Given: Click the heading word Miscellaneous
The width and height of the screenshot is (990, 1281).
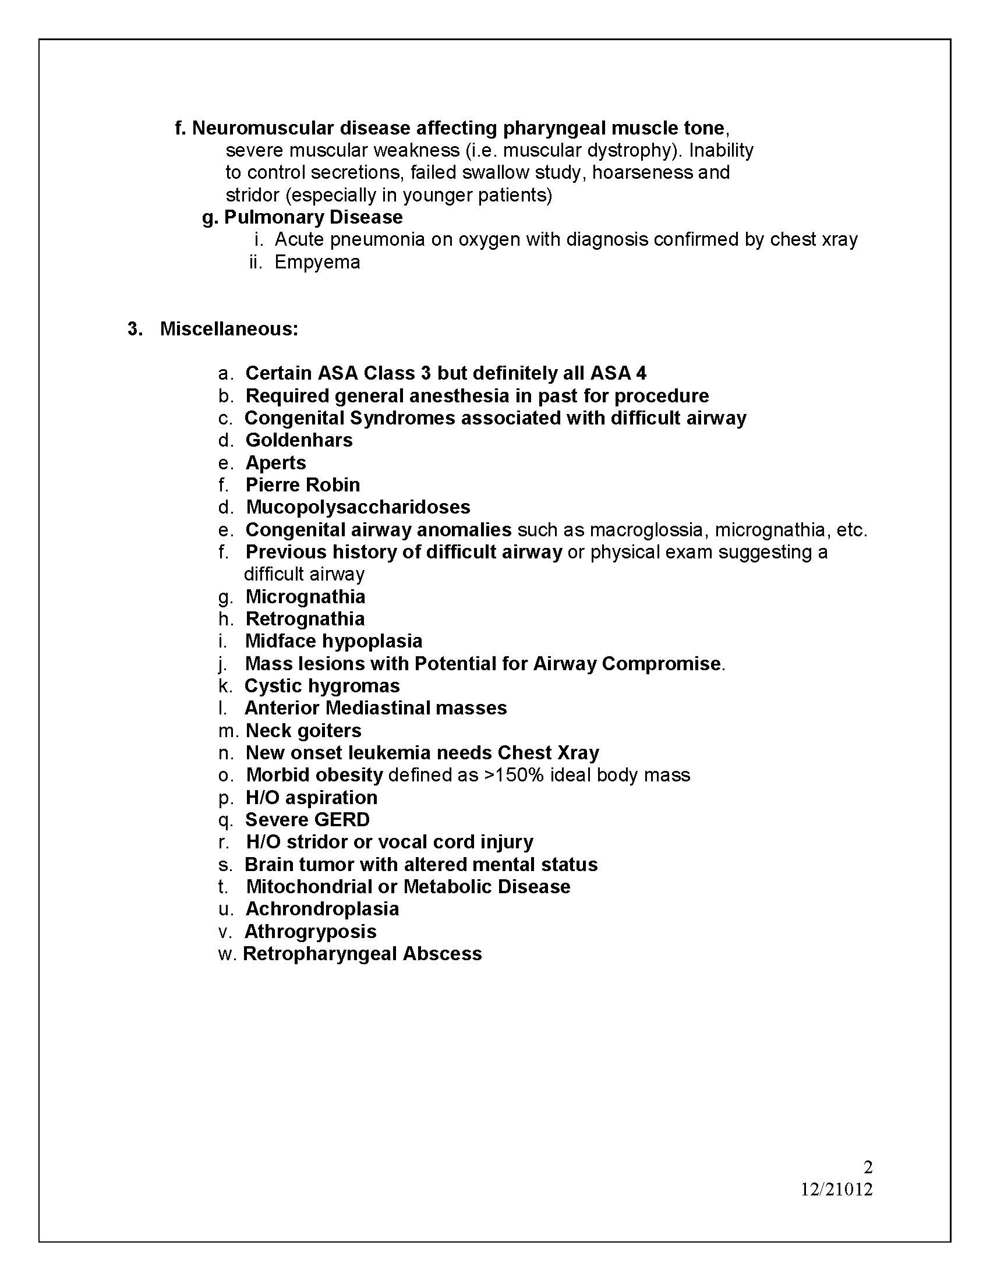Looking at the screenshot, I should click(229, 329).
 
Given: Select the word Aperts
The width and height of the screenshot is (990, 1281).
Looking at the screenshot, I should click(275, 463).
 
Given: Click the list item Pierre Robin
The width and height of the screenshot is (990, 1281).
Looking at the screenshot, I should click(303, 485).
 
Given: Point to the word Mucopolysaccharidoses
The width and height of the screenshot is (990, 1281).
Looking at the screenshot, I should click(358, 507).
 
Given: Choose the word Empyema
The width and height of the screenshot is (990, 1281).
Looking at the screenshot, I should click(317, 261).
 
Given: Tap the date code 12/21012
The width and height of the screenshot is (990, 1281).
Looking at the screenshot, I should click(837, 1189).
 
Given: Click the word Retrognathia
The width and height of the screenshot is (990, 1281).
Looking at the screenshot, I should click(305, 619).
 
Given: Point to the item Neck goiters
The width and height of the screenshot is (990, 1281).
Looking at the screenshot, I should click(303, 731).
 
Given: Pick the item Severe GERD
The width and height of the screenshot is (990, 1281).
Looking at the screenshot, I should click(307, 820).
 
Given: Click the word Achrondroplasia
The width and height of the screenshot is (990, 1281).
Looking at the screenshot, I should click(322, 909).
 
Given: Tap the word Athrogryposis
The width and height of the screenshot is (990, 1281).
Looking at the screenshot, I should click(310, 932).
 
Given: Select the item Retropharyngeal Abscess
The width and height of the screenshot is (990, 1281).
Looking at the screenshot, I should click(362, 954).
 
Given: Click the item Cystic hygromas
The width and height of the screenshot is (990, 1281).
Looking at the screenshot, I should click(322, 686).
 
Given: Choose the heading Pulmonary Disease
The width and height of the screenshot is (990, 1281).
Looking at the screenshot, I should click(313, 217).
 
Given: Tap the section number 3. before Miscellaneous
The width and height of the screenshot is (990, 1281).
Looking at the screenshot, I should click(135, 329).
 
